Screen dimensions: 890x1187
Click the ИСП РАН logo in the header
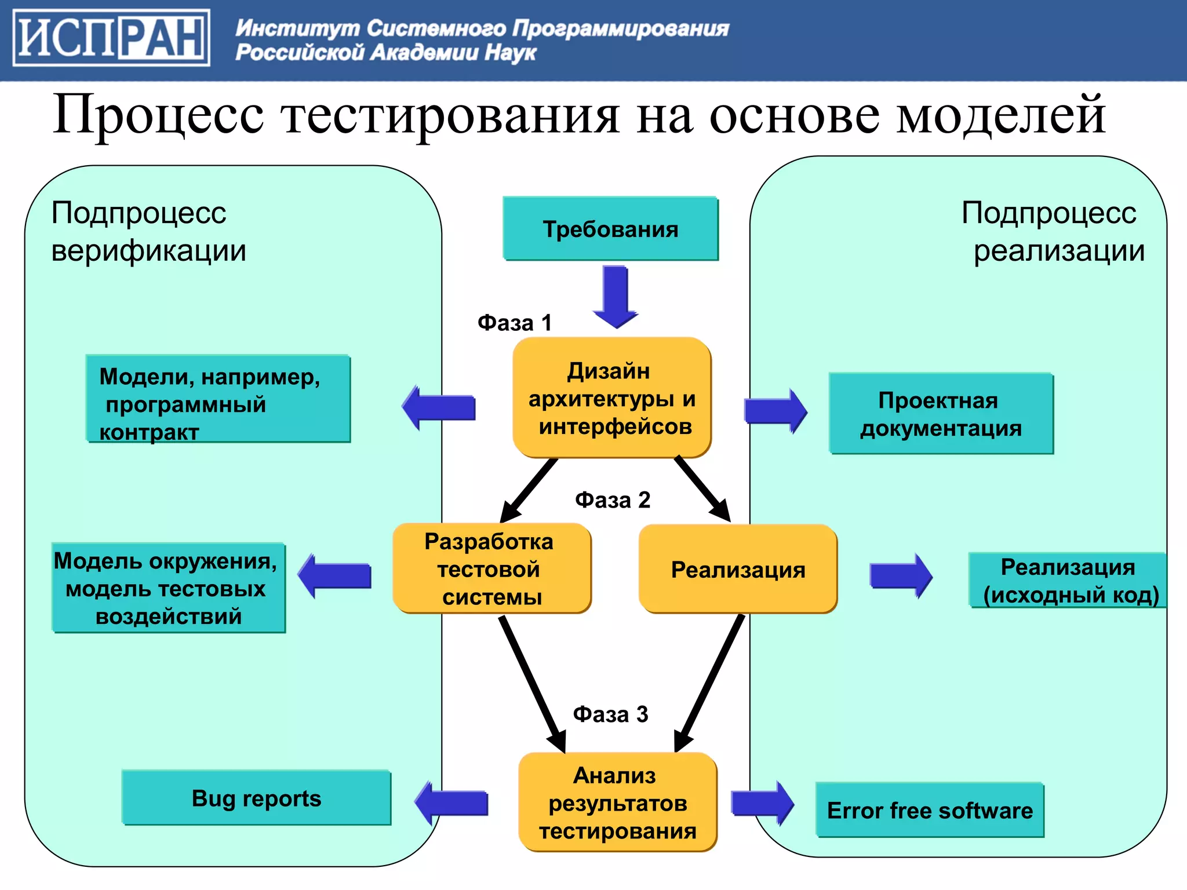(111, 38)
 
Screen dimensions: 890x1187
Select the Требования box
(610, 229)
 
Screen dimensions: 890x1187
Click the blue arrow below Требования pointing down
(616, 296)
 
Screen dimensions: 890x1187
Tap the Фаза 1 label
(514, 323)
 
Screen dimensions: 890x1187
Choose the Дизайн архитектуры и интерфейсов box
(612, 398)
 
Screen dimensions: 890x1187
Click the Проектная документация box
(941, 414)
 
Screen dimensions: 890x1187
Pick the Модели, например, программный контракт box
(218, 399)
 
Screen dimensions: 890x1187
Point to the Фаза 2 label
(612, 500)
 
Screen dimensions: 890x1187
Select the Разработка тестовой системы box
(491, 569)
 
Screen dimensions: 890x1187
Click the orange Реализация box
(738, 570)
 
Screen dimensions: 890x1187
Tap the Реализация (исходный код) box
(1068, 581)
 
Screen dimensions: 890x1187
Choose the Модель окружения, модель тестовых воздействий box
(168, 588)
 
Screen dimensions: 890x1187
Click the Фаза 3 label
(610, 714)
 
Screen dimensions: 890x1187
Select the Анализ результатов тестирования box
(617, 803)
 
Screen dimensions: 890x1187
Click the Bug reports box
(256, 798)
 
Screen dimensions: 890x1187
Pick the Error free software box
(930, 811)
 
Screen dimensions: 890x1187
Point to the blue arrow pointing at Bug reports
(453, 803)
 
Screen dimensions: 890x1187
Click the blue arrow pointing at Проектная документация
(775, 411)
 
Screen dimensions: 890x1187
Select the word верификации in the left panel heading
(148, 251)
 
